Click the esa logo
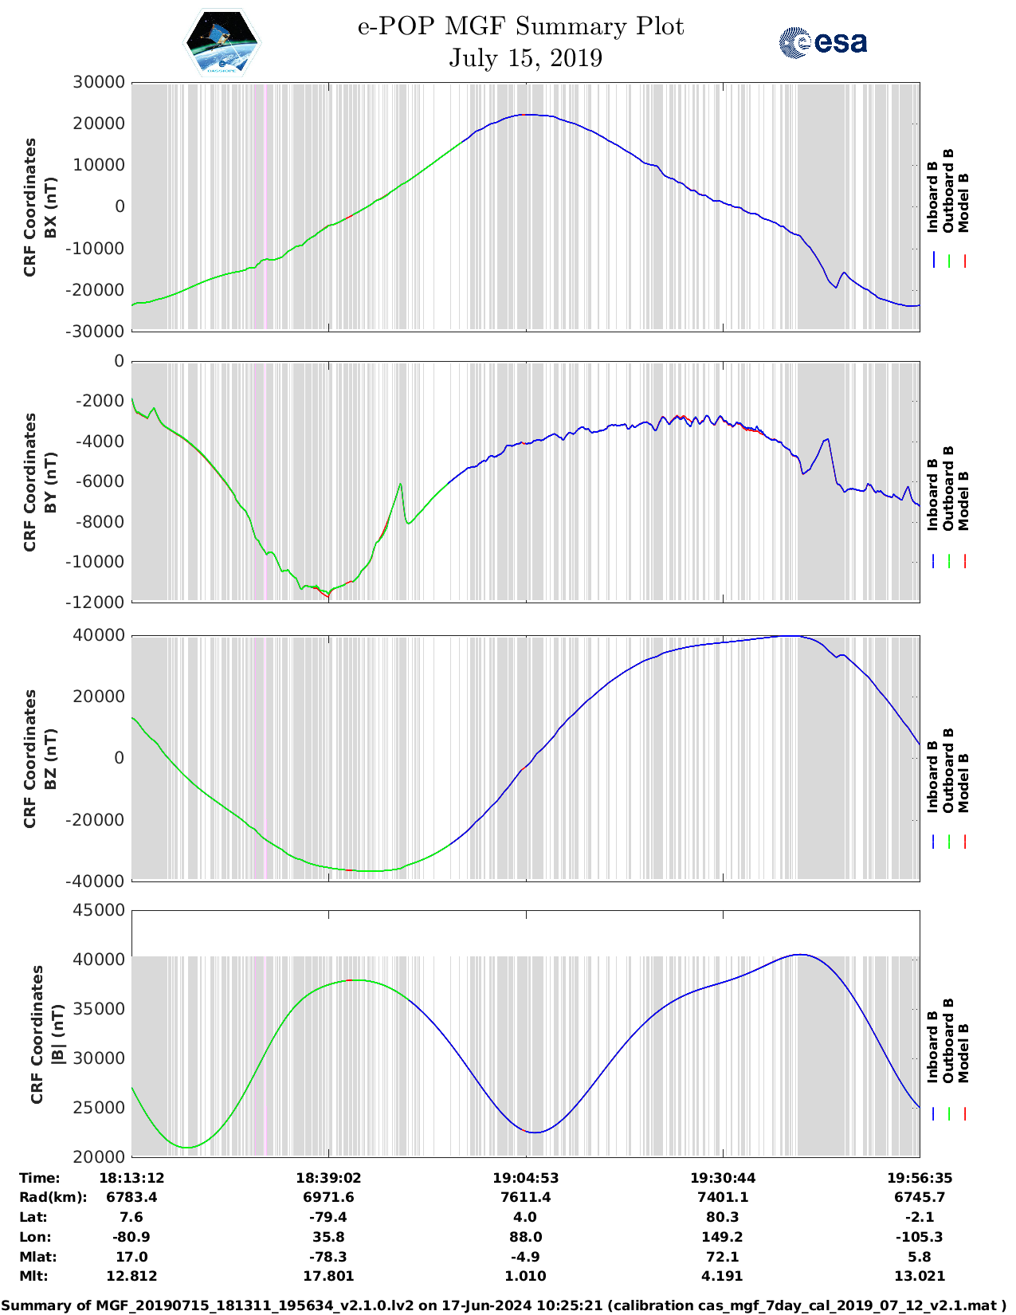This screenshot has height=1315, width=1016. [822, 42]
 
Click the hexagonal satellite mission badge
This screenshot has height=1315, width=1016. [222, 41]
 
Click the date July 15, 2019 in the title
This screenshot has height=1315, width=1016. [525, 58]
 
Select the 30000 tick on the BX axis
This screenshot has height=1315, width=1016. [98, 82]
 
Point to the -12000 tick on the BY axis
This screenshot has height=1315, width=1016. [98, 603]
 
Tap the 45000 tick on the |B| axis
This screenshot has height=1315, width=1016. [98, 910]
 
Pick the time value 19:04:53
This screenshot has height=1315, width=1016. [525, 1178]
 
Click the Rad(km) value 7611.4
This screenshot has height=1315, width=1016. [525, 1197]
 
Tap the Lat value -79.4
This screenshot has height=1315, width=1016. [328, 1217]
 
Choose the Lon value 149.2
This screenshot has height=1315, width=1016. [722, 1237]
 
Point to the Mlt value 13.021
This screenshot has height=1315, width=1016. [919, 1276]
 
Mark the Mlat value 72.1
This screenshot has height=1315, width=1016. [722, 1257]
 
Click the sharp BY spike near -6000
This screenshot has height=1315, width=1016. [400, 484]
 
